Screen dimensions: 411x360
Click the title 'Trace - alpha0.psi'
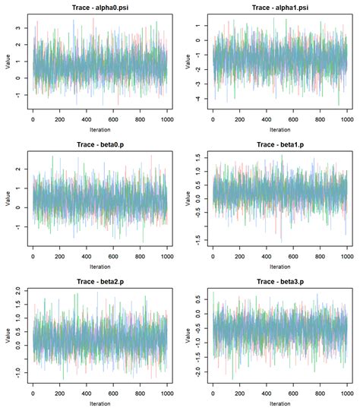tap(99, 7)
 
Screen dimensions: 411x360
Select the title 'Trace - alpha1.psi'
tap(279, 7)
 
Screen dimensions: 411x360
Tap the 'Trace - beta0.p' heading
tap(99, 144)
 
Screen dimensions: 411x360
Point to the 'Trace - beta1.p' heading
tap(279, 144)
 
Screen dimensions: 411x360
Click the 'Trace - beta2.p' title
tap(99, 281)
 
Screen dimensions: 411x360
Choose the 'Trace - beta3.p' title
tap(279, 281)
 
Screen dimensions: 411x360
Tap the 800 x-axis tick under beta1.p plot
tap(319, 255)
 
